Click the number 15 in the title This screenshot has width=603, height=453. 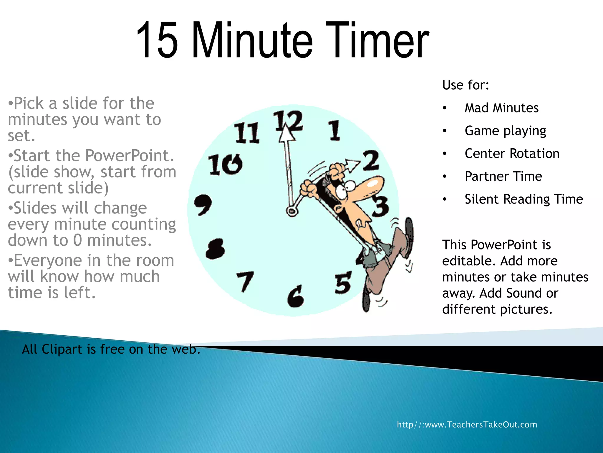point(157,40)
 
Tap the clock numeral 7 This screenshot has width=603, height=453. point(245,281)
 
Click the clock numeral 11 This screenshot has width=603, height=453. point(247,133)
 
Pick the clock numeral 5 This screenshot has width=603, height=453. point(343,283)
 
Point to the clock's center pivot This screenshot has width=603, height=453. point(292,211)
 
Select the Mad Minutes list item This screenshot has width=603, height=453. point(501,108)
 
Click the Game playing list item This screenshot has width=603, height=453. point(505,131)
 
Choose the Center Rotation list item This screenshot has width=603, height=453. point(512,154)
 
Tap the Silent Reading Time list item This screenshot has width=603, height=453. point(524,199)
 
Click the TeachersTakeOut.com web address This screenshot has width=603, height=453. point(467,425)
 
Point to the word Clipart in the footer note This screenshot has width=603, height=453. point(62,349)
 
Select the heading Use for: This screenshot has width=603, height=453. point(465,85)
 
